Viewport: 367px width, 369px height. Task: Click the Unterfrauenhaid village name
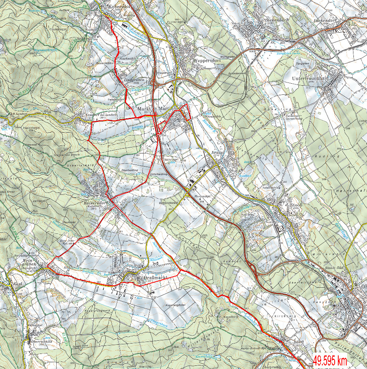click(x=310, y=79)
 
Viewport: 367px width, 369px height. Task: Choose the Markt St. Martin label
click(x=156, y=108)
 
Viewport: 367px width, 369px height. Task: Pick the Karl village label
click(x=16, y=284)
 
